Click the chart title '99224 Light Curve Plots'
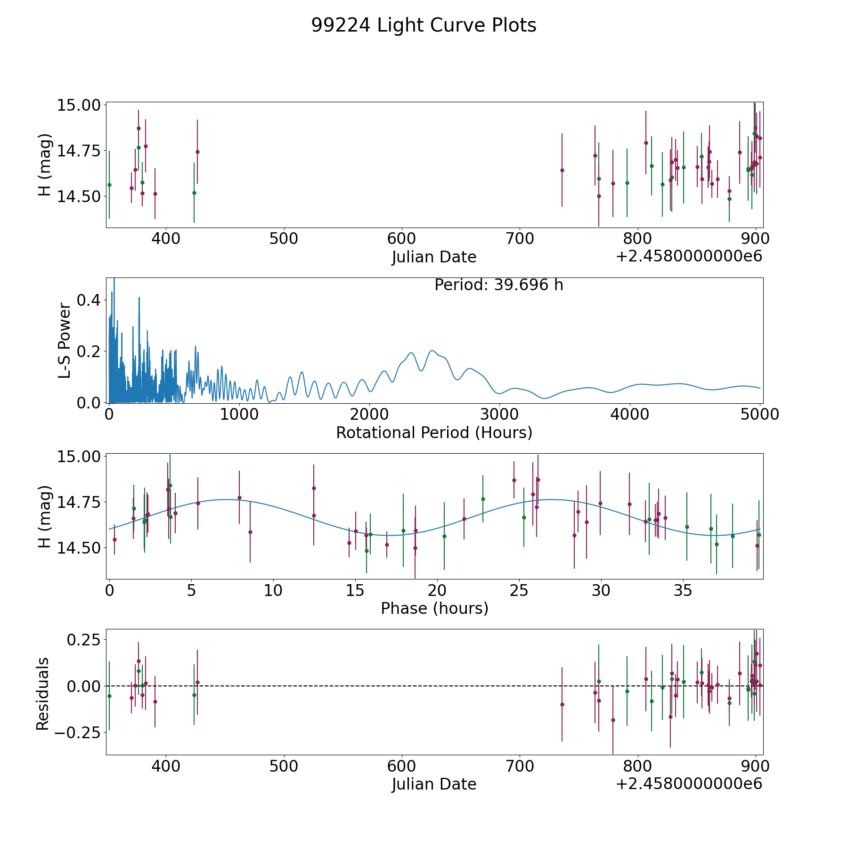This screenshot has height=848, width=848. point(424,25)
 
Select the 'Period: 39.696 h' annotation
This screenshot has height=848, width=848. point(498,285)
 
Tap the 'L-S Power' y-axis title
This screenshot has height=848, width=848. point(65,340)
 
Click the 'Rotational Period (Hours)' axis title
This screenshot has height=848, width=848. point(434,432)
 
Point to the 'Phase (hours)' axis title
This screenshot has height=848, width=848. point(434,608)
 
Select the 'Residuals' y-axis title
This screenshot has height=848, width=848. point(43,693)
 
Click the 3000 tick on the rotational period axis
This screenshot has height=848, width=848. point(499,415)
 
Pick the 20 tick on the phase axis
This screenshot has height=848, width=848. point(437,590)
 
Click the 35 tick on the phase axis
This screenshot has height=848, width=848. point(683,590)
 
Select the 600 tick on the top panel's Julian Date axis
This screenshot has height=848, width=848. point(401,239)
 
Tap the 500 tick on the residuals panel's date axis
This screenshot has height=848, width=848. point(284,766)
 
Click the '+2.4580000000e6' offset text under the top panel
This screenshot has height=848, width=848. point(689,257)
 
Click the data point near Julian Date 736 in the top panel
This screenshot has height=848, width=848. point(562,170)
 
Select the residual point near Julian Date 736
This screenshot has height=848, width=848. point(562,704)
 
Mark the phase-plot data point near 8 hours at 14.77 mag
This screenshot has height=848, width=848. point(239,497)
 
